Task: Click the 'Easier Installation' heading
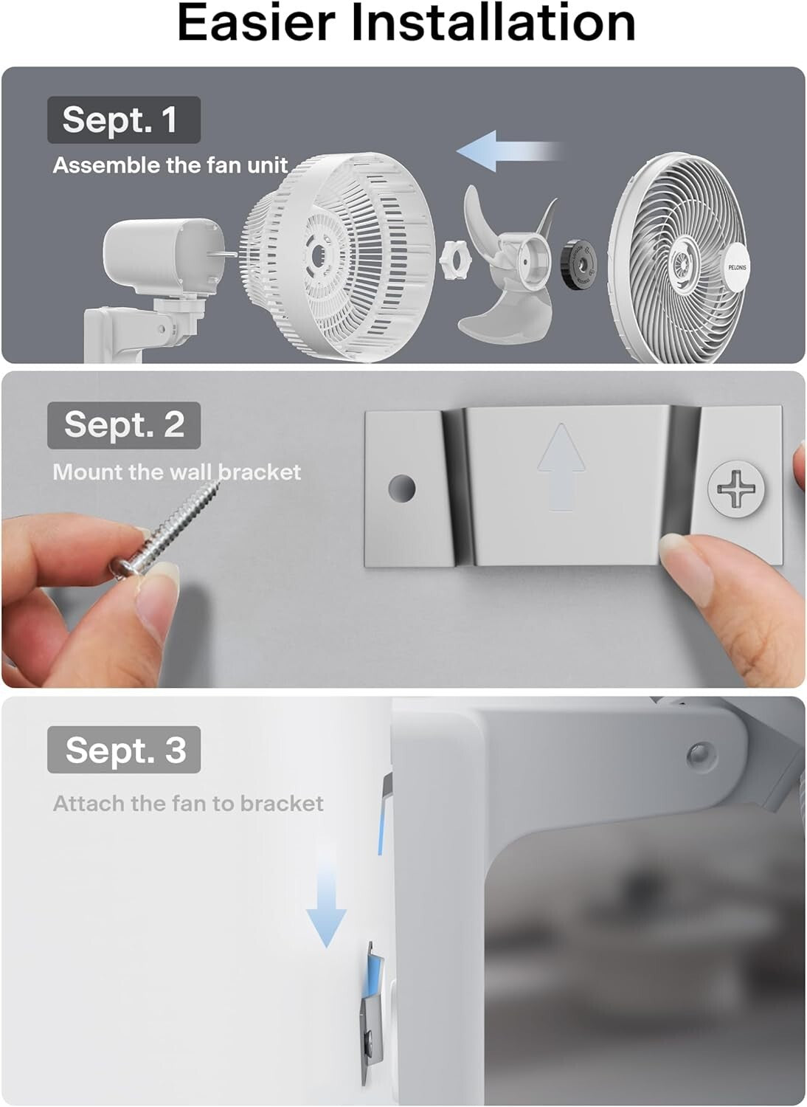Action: [x=406, y=24]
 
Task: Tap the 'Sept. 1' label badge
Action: [x=123, y=120]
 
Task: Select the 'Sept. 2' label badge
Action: [x=123, y=424]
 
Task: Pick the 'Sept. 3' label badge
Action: [x=123, y=750]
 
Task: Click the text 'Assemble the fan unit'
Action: [x=170, y=165]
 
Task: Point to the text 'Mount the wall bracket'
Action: [x=176, y=472]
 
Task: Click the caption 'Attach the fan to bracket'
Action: [x=188, y=804]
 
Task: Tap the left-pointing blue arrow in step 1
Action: [x=509, y=151]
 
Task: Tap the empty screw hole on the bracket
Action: [x=403, y=488]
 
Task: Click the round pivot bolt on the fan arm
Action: [x=697, y=753]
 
